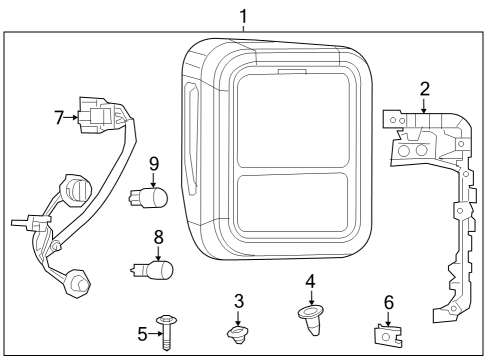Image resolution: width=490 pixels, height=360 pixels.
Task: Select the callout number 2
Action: pos(424,90)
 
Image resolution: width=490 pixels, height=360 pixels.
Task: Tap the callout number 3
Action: pos(238,300)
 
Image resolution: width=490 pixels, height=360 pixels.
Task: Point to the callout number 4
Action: pos(310,282)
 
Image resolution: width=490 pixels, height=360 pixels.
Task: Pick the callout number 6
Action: pos(388,301)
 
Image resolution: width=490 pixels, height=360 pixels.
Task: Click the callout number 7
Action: pos(58,117)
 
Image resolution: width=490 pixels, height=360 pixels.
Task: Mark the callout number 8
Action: pos(158,238)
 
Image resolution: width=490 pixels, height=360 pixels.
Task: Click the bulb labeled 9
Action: pos(151,196)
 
